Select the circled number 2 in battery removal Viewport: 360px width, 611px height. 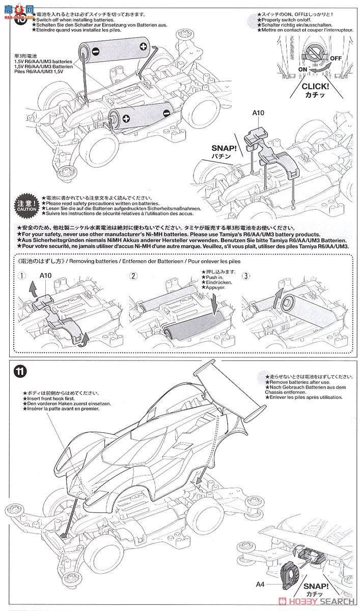(134, 276)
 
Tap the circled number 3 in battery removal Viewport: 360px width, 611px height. (245, 276)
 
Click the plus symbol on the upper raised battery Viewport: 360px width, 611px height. (144, 49)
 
